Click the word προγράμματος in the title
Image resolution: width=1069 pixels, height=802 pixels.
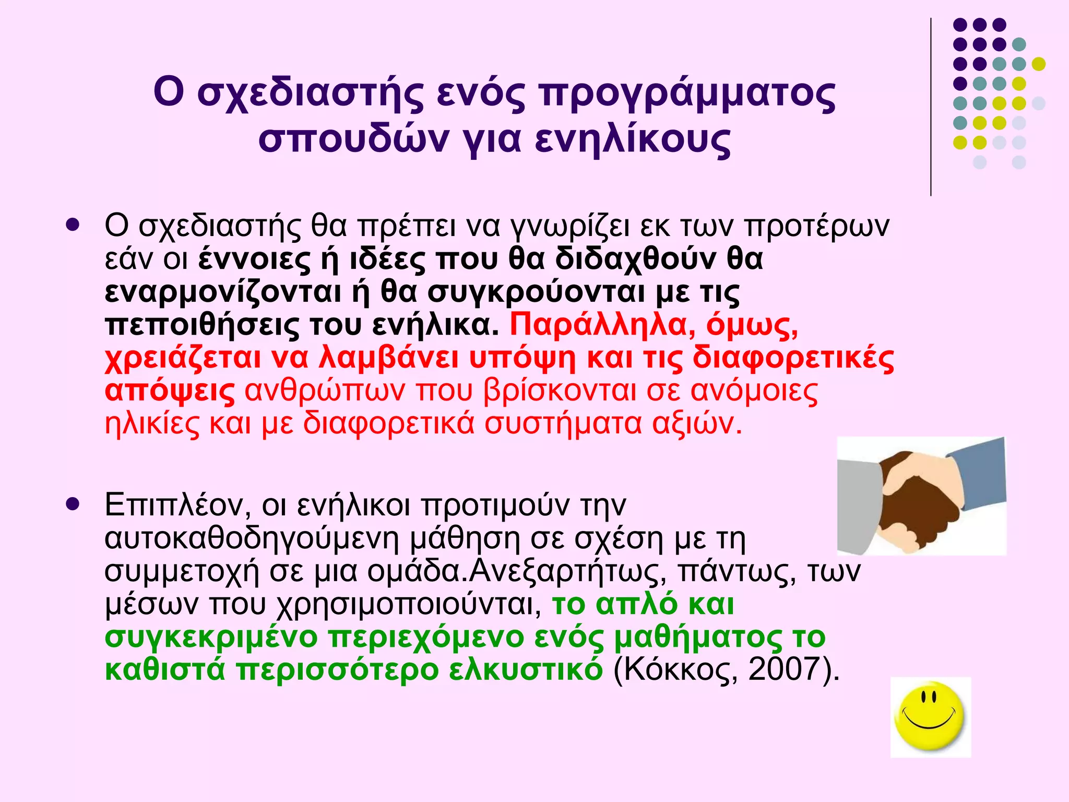687,95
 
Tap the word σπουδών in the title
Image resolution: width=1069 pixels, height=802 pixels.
353,140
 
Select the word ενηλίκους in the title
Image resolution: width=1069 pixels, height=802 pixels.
633,140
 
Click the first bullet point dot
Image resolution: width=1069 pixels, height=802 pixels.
73,226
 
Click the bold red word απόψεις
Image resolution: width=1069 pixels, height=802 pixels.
170,392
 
